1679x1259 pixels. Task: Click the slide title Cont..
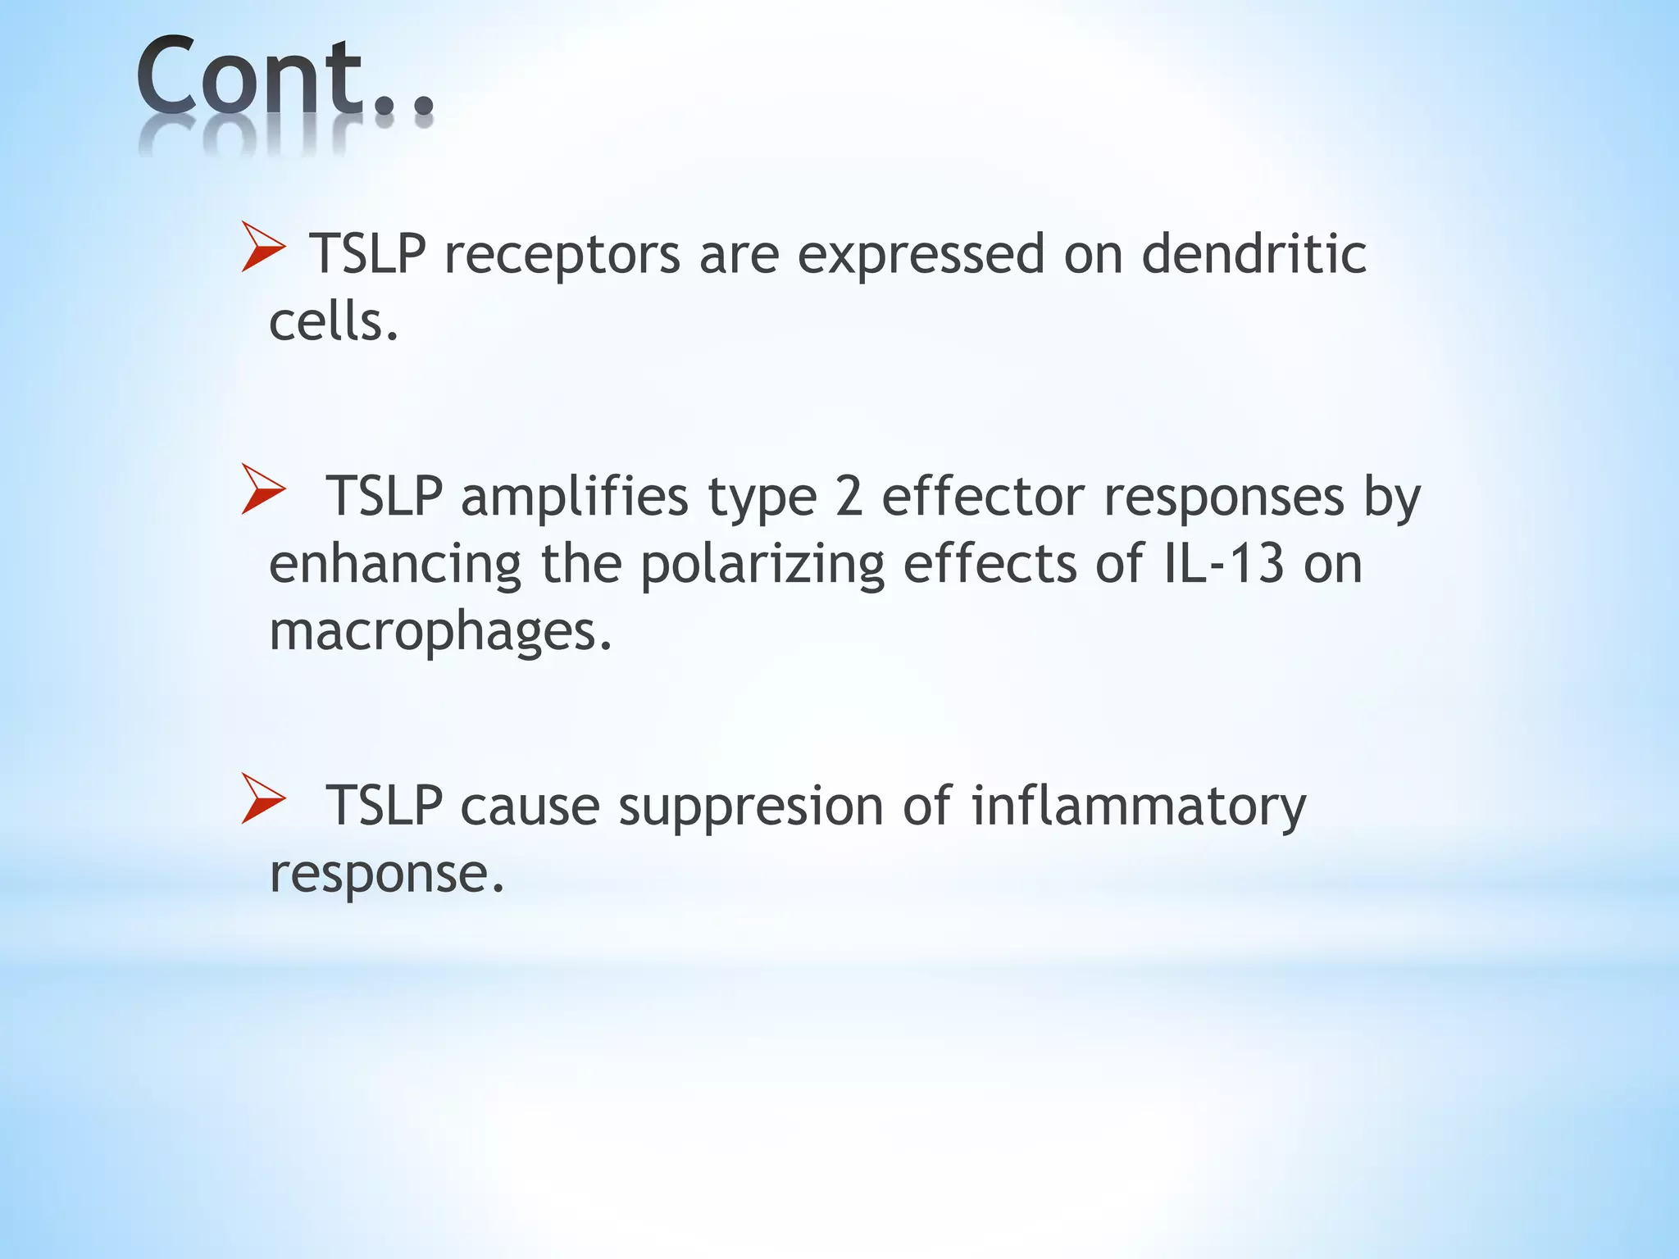[x=283, y=78]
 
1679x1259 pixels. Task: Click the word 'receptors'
[x=562, y=254]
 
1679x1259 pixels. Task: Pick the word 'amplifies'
[x=574, y=497]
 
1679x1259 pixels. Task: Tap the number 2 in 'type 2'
[x=849, y=497]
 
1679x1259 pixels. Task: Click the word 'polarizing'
[x=762, y=565]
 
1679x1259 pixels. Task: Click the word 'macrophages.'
[x=440, y=632]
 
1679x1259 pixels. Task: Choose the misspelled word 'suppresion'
[x=750, y=806]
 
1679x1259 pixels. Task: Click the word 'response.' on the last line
[x=386, y=874]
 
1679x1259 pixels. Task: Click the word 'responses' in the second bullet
[x=1223, y=498]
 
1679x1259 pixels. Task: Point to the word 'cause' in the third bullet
[x=530, y=806]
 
